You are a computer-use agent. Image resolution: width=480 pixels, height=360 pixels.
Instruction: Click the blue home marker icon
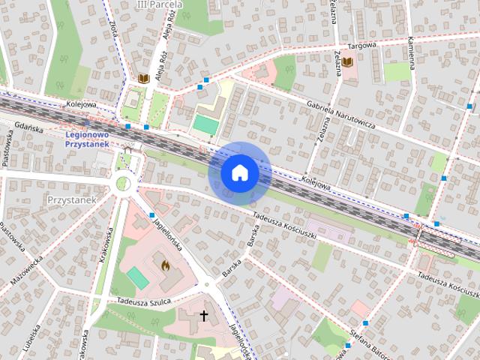pyautogui.click(x=239, y=173)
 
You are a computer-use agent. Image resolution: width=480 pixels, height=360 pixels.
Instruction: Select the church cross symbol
pyautogui.click(x=202, y=316)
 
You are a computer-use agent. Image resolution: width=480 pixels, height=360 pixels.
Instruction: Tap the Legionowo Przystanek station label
pyautogui.click(x=87, y=139)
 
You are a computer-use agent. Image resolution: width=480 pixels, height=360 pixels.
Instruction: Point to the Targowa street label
pyautogui.click(x=367, y=47)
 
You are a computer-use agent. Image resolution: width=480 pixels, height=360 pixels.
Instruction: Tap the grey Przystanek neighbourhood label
pyautogui.click(x=69, y=201)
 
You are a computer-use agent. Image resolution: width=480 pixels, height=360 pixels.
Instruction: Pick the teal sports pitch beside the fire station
pyautogui.click(x=137, y=277)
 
